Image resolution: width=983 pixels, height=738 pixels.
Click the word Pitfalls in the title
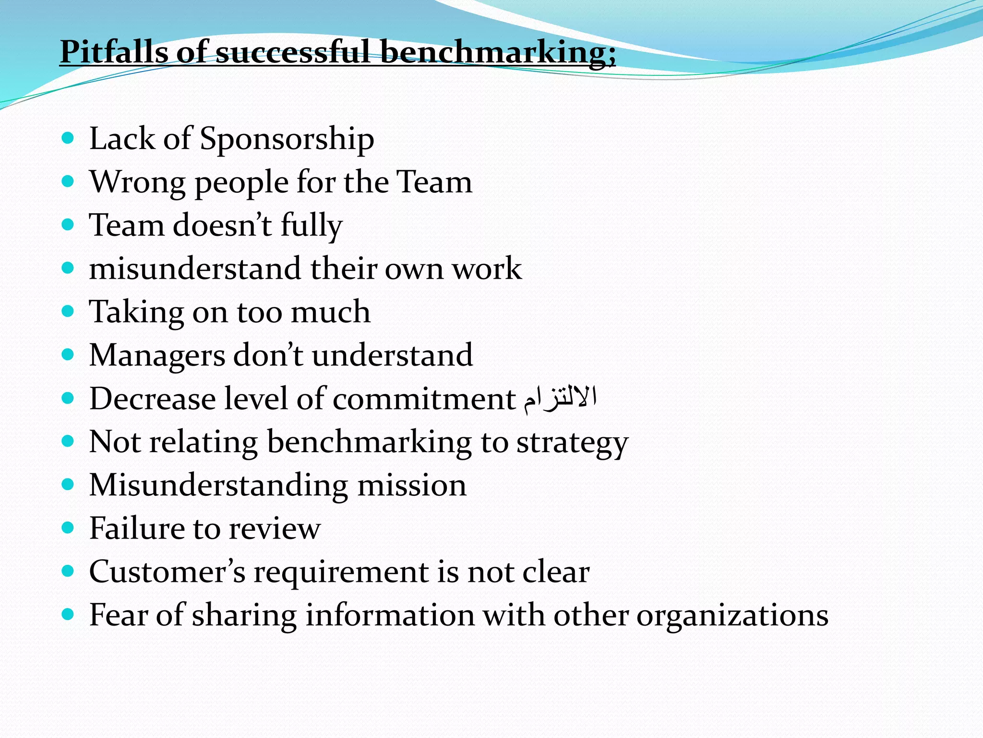point(114,51)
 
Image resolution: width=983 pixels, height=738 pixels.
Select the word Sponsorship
point(287,140)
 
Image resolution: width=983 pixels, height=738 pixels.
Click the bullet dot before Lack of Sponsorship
point(68,138)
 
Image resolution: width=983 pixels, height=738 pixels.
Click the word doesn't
point(222,225)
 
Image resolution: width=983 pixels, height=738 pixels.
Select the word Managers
point(157,356)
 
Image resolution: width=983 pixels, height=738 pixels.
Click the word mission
point(412,485)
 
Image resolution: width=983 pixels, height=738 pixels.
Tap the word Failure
point(137,529)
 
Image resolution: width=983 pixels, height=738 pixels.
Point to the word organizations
point(732,616)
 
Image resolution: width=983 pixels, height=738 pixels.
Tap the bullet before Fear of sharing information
point(68,614)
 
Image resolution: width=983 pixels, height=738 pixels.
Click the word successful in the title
point(293,51)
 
